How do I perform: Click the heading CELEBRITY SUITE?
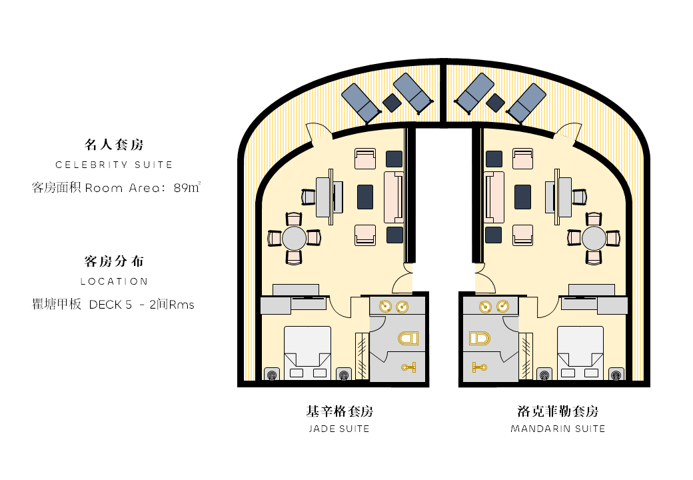[114, 165]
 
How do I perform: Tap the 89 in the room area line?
[181, 188]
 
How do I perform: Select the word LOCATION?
[114, 281]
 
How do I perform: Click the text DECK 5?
[111, 305]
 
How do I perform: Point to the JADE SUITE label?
[339, 429]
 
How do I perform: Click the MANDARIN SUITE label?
[558, 429]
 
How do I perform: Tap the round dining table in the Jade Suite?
[294, 239]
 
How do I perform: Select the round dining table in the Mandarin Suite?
[594, 239]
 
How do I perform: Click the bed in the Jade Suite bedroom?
[307, 353]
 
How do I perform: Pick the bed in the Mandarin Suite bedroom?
[580, 353]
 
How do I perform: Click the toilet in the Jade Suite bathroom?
[408, 339]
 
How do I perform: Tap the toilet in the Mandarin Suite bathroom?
[480, 339]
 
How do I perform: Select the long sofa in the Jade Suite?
[393, 197]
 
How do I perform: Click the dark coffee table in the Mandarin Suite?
[523, 197]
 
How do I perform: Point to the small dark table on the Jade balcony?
[392, 103]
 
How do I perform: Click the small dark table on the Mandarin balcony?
[496, 103]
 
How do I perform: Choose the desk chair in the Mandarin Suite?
[580, 197]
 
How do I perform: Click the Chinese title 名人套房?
[114, 145]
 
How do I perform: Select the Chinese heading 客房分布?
[114, 261]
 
